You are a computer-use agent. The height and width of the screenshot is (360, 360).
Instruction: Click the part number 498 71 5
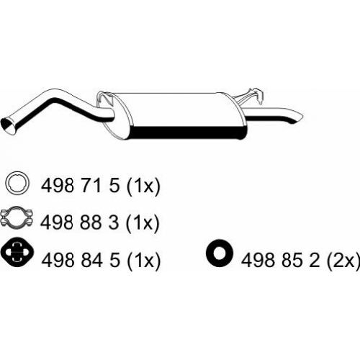click(80, 186)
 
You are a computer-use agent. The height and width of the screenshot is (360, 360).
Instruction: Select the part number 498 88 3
click(80, 222)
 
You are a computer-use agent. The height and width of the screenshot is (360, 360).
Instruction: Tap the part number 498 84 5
click(80, 260)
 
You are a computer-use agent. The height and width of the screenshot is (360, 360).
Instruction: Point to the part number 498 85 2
click(280, 260)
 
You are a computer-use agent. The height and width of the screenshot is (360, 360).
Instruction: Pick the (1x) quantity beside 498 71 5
click(143, 186)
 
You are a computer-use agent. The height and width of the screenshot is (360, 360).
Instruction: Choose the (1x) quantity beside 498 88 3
click(143, 223)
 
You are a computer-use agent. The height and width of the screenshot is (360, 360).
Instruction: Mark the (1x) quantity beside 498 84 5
click(143, 261)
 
